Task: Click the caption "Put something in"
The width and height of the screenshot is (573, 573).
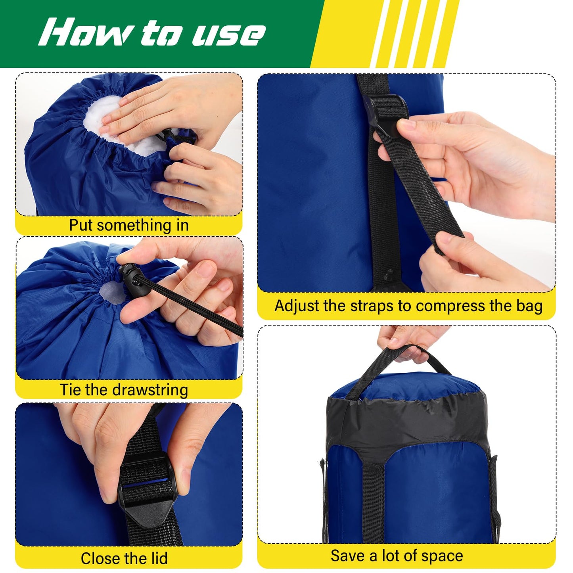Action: click(x=128, y=225)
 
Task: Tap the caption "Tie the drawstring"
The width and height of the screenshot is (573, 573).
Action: click(x=124, y=390)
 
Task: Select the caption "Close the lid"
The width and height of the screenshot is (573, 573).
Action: click(x=124, y=558)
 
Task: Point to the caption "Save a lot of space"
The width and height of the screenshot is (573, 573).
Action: click(x=397, y=556)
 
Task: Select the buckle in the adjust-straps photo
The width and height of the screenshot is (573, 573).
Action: click(x=390, y=115)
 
